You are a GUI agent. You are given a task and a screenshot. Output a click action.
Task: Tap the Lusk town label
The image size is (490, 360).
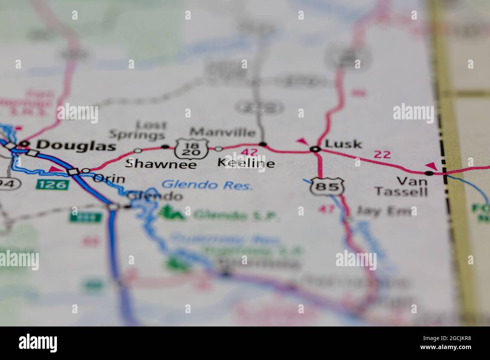point(343,143)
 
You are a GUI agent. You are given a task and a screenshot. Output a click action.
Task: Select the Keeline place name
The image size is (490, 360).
point(246,163)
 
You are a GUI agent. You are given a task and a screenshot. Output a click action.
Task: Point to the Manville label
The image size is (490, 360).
point(222,132)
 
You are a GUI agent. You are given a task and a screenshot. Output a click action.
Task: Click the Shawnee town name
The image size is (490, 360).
point(161,164)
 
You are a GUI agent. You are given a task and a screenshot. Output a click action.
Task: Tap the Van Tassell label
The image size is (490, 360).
point(401,187)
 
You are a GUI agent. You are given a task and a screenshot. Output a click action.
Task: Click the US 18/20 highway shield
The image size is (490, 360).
point(191,148)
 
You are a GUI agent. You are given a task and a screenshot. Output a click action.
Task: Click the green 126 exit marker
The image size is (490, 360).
point(53,185)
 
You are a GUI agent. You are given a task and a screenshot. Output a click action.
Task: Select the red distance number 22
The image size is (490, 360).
point(382,154)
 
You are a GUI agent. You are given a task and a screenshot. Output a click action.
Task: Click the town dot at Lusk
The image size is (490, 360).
point(315,149)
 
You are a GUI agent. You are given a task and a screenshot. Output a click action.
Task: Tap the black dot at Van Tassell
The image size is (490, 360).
point(429,173)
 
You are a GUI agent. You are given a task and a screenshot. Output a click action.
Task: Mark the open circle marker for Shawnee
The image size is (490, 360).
point(138,151)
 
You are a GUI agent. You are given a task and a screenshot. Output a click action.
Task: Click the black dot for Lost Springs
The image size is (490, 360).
point(165,146)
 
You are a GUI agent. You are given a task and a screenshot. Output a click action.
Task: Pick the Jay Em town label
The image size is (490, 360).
point(383,211)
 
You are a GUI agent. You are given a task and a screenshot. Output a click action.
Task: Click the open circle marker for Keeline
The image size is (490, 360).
point(219,149)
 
